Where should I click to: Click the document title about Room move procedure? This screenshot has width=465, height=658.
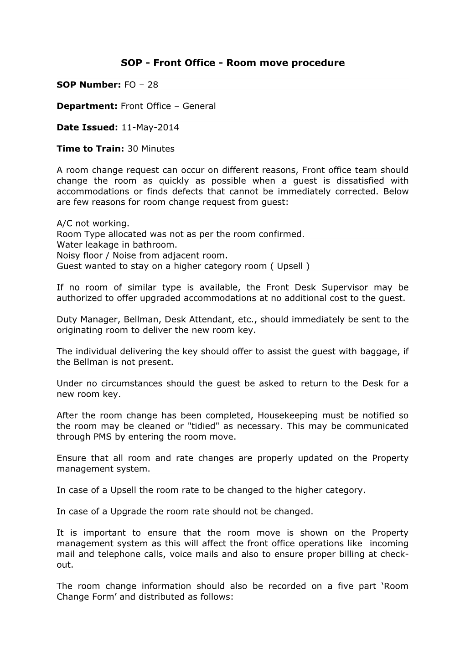click(232, 63)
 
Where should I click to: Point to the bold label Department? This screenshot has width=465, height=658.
click(87, 106)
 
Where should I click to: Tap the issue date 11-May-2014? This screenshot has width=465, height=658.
click(150, 128)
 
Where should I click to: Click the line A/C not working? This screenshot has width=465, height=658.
click(93, 223)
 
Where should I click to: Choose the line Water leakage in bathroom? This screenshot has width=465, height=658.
click(117, 245)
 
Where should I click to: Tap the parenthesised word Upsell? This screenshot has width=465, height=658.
click(290, 266)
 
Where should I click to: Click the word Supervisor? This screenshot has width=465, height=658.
click(345, 288)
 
